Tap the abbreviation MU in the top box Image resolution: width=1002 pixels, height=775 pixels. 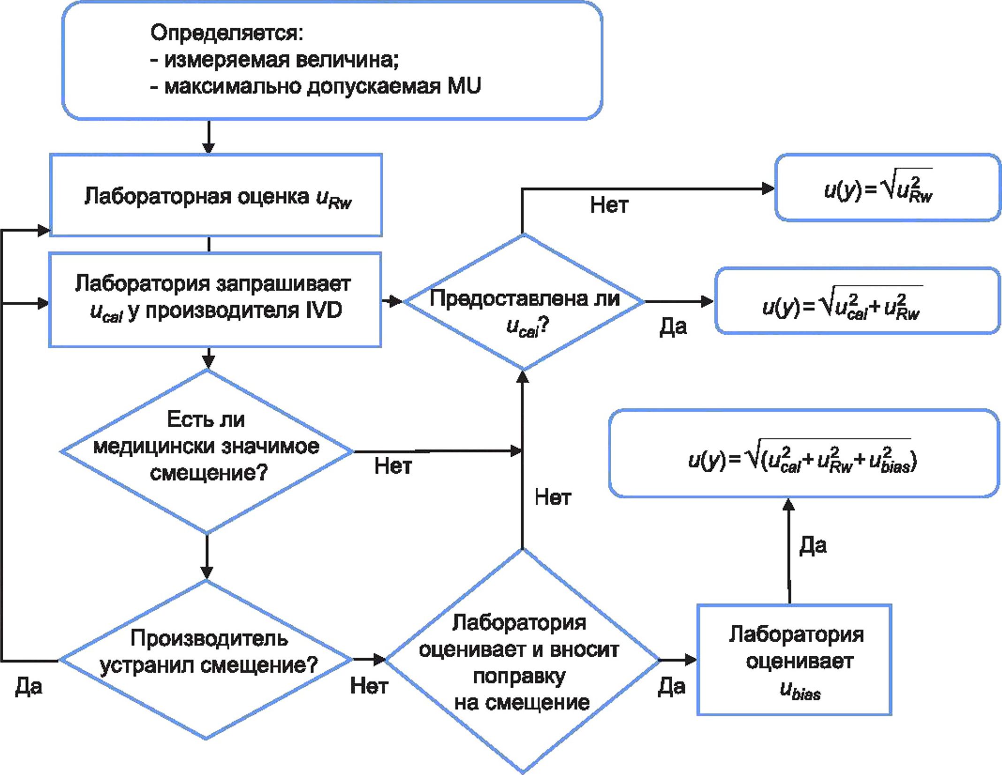point(464,86)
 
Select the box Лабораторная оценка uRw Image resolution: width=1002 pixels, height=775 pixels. point(216,195)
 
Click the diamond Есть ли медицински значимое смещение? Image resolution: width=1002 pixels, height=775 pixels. point(207,451)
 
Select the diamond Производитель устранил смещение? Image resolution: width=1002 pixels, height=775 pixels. point(207,660)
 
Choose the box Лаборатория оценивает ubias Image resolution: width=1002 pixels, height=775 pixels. point(794,660)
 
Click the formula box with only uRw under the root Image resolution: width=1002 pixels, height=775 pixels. point(888,187)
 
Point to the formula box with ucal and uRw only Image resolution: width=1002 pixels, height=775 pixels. point(857,301)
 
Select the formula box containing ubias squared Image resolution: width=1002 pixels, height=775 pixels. point(804,453)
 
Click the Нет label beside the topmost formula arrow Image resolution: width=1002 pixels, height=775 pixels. point(609,205)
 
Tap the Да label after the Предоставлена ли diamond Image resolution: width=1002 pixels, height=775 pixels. point(673,327)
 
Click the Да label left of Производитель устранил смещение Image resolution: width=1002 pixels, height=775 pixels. point(29,686)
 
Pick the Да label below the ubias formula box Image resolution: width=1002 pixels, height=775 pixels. point(812,545)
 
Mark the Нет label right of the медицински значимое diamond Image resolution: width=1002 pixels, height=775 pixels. point(393,466)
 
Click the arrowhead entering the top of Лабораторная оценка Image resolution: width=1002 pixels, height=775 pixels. point(209,147)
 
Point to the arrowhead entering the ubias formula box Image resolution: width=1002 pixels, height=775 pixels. point(789,505)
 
